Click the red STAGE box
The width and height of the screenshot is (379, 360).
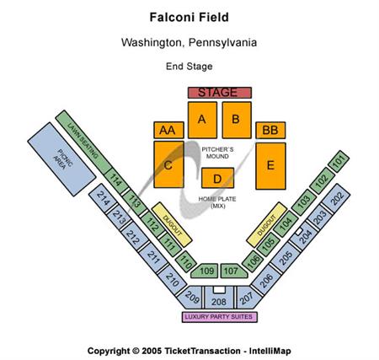[x=218, y=92]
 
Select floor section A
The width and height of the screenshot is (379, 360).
[x=202, y=121]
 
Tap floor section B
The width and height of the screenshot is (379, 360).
[x=237, y=121]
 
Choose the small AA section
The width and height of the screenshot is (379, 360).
[x=166, y=130]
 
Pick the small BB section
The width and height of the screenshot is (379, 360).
[x=270, y=130]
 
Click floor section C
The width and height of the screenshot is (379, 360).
[x=168, y=166]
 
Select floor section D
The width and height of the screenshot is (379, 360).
[x=217, y=178]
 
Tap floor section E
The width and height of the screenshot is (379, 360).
[x=270, y=165]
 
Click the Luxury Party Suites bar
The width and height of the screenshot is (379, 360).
[x=218, y=317]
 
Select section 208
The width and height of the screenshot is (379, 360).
[x=218, y=300]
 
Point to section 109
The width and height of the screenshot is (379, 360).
[x=207, y=271]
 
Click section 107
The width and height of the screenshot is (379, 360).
[x=230, y=271]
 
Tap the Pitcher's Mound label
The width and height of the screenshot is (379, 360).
[x=217, y=152]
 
